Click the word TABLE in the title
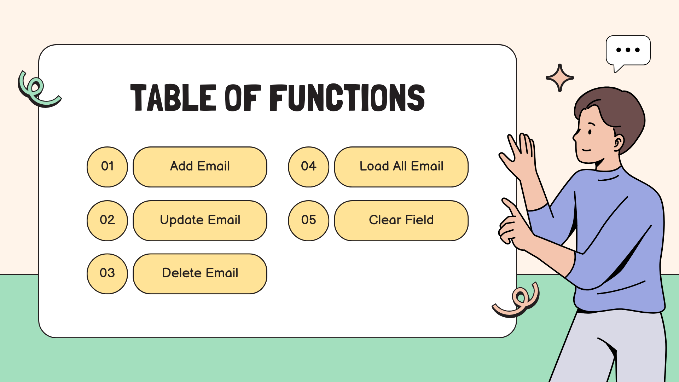173,98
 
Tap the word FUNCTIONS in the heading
347,98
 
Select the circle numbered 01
107,167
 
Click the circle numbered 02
107,220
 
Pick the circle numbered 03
107,273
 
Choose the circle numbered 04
308,167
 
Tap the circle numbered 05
308,220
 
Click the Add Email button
200,167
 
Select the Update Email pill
200,220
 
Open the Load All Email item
401,167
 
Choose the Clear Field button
401,220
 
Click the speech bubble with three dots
628,51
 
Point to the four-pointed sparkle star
559,78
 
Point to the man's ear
618,143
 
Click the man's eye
590,132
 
